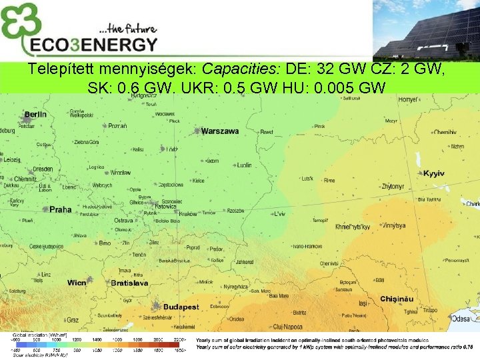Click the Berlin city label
coord(35,115)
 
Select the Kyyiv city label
coord(433,173)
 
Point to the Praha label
coord(60,209)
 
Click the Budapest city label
coord(181,307)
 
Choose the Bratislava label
coord(129,283)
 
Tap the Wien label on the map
coord(77,283)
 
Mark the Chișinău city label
coord(397,299)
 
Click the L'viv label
coord(279,215)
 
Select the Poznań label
coord(118,126)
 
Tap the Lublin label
coord(245,165)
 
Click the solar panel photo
coord(427,30)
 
